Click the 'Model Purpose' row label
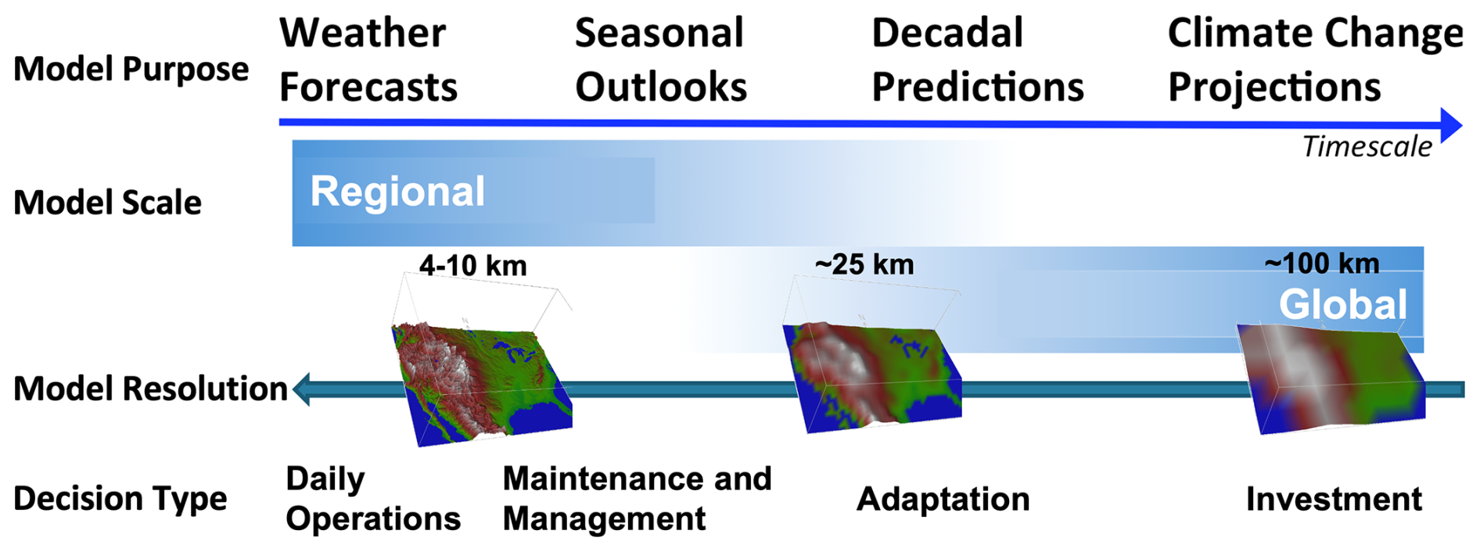point(131,69)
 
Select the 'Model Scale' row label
point(107,203)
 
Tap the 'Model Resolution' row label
point(150,389)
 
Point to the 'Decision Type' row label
point(120,499)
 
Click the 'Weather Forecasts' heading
point(368,59)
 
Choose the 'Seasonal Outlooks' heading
point(661,59)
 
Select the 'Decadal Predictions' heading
point(978,59)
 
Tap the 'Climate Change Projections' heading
point(1315,59)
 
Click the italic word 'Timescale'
point(1367,147)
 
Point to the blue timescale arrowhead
point(1451,125)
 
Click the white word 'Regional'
point(397,192)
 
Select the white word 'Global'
point(1343,304)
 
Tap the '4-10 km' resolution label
point(472,266)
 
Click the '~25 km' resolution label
point(864,264)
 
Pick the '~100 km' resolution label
point(1322,263)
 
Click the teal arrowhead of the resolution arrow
point(302,389)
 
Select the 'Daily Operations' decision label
point(373,499)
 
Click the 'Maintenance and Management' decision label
point(637,499)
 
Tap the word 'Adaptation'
point(943,499)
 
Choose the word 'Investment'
point(1334,499)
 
